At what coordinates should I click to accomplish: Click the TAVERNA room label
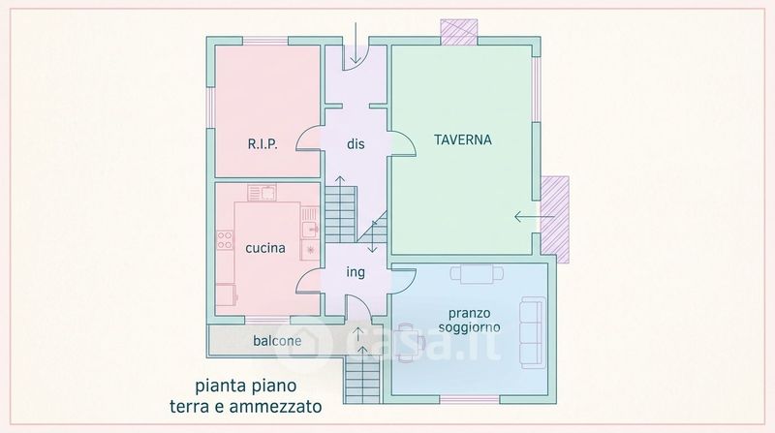tap(462, 139)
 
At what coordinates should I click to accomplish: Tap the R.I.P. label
tap(262, 144)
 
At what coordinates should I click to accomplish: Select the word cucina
tap(264, 248)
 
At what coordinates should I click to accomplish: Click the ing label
tap(356, 272)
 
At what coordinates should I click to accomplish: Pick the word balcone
tap(277, 341)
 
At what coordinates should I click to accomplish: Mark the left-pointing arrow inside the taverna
tap(526, 216)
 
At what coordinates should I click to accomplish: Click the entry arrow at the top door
tap(355, 44)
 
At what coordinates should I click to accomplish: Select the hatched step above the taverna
tap(457, 31)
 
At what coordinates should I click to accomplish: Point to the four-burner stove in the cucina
tap(225, 240)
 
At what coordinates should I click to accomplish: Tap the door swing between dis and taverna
tap(399, 141)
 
